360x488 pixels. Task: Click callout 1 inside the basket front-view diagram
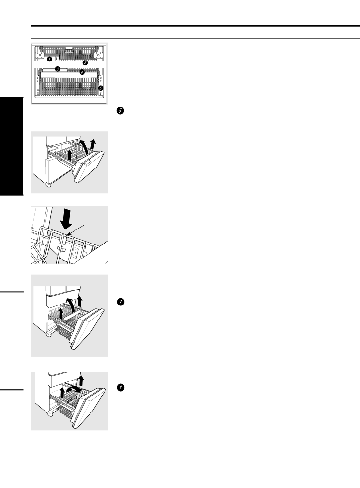(49, 59)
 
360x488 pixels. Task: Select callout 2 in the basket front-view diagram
(85, 62)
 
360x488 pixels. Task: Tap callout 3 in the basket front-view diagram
(57, 69)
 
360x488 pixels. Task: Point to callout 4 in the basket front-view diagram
(82, 72)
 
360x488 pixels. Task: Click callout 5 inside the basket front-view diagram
(100, 88)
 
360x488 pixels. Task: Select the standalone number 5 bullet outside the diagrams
(120, 110)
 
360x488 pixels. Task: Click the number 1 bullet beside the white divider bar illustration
(120, 302)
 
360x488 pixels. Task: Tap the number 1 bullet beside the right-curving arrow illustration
(120, 387)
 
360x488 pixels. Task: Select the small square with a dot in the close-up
(75, 253)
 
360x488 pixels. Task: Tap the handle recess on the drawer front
(87, 162)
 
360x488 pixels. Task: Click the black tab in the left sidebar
(12, 146)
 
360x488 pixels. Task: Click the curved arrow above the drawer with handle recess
(82, 148)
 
